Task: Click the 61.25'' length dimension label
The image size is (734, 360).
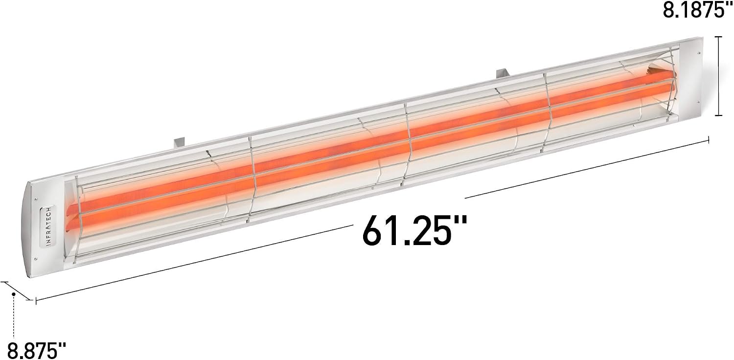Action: tap(414, 230)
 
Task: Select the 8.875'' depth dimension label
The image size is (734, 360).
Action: tap(36, 351)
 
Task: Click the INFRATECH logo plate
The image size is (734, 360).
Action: tap(48, 226)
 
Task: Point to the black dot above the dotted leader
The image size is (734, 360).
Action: tap(13, 294)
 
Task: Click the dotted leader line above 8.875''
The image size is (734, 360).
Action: tap(13, 318)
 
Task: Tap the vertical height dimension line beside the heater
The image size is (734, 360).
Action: tap(719, 76)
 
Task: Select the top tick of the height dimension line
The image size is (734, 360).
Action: tap(719, 37)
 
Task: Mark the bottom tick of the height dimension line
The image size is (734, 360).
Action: tap(719, 115)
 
